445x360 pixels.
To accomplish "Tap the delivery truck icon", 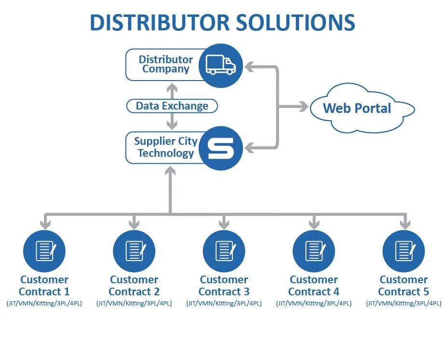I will [x=221, y=64].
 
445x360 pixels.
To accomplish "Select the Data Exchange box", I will [x=172, y=106].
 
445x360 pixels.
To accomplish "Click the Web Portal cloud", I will [x=357, y=108].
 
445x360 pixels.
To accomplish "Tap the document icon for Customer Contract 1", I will [x=44, y=251].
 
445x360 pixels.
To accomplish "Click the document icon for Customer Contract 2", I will [x=134, y=251].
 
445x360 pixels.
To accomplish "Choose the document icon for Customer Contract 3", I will [x=224, y=251].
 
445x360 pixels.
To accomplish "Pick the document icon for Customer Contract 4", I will [x=314, y=251].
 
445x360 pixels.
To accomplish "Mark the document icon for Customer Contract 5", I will [x=404, y=251].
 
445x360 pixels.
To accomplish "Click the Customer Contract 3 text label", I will [x=224, y=286].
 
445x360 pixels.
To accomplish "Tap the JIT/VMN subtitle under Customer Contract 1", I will [x=44, y=304].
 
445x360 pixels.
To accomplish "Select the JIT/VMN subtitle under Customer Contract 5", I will [x=404, y=304].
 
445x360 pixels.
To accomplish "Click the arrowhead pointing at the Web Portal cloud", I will [x=303, y=107].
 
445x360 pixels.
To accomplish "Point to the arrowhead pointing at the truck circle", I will [x=250, y=66].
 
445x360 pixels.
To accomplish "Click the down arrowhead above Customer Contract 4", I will [x=314, y=224].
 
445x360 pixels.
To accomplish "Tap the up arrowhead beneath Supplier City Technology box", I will [x=170, y=171].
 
